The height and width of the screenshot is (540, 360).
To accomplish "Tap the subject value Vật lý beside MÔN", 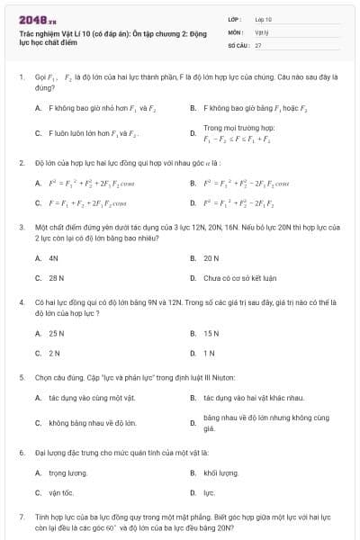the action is coord(260,31).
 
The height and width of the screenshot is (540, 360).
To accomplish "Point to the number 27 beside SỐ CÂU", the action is coord(258,44).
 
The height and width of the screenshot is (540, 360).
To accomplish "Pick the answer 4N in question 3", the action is coord(54,257).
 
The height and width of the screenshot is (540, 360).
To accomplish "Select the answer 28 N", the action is coord(57,278).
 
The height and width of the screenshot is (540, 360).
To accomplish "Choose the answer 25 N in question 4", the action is coord(57,332).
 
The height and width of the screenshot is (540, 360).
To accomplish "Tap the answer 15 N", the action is coord(211,332).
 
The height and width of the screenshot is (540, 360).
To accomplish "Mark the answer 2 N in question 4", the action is coord(55,353).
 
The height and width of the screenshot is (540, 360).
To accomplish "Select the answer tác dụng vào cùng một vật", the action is coord(92,397).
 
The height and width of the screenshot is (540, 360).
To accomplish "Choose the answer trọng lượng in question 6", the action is coord(67,472).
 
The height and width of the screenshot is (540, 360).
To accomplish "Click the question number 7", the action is coord(21,518).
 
